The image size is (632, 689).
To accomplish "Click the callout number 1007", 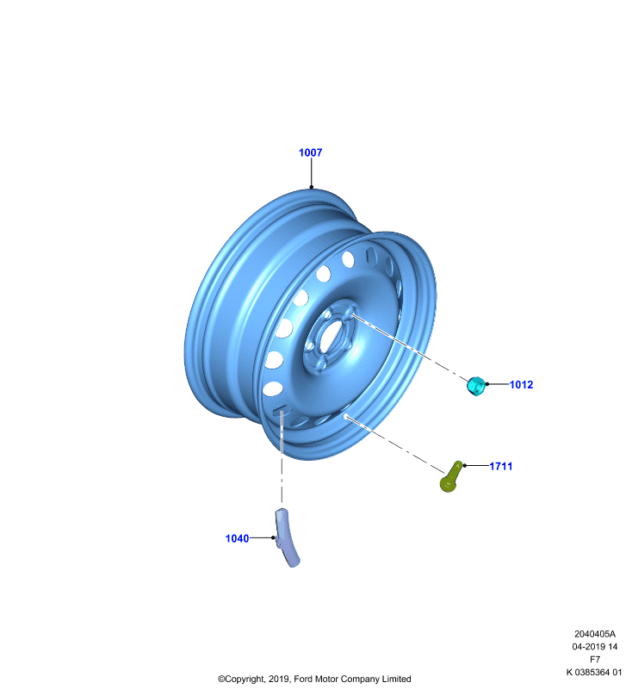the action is coord(310,152).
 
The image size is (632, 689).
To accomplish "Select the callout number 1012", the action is coord(521,384).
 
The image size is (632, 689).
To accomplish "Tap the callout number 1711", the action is coord(500,466).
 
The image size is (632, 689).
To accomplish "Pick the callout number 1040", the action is coord(237,538).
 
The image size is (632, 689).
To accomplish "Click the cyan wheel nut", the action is coord(475,386).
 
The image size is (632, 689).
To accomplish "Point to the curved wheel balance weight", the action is coord(286,537).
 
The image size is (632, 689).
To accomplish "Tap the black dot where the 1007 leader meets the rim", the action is coord(312,187).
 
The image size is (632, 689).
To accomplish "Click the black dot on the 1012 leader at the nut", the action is coord(486,384).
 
